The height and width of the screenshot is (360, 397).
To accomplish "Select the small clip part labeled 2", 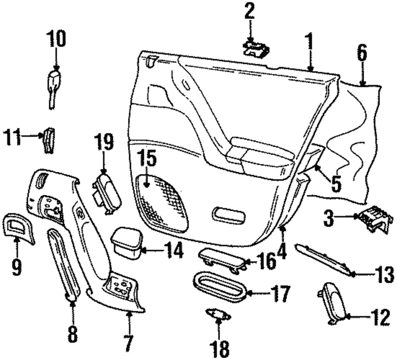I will coord(256,49).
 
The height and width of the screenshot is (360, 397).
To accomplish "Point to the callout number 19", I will coord(103,143).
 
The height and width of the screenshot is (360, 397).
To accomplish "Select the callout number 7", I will coord(128,343).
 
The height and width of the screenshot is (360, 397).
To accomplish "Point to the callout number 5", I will coord(336,184).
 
